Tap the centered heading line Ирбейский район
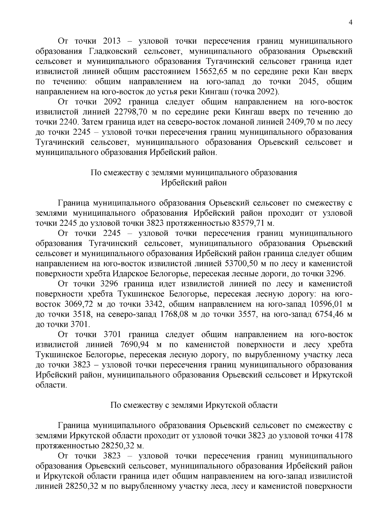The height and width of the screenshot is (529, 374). (x=194, y=183)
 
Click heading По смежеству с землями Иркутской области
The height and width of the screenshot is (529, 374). (x=194, y=405)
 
